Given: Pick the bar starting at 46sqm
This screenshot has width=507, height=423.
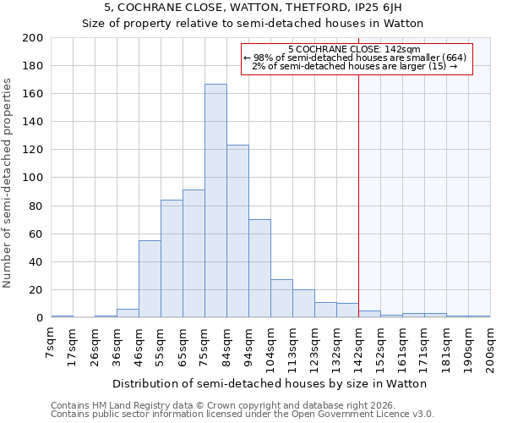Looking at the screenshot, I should pyautogui.click(x=150, y=279).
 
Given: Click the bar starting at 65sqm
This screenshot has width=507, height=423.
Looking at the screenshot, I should pyautogui.click(x=194, y=254).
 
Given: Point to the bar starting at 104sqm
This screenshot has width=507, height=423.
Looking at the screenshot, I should pyautogui.click(x=281, y=299).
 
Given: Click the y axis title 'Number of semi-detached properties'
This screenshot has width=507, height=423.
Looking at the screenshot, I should pyautogui.click(x=8, y=183).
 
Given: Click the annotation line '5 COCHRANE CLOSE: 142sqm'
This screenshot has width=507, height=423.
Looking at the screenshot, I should pyautogui.click(x=354, y=50).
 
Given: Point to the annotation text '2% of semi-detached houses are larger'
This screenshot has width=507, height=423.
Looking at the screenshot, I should pyautogui.click(x=354, y=66).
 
